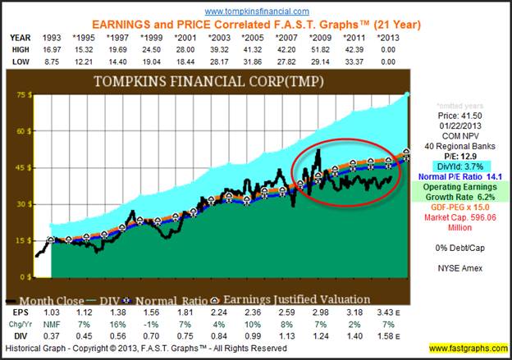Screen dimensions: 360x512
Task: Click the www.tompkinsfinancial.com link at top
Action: pos(256,11)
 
